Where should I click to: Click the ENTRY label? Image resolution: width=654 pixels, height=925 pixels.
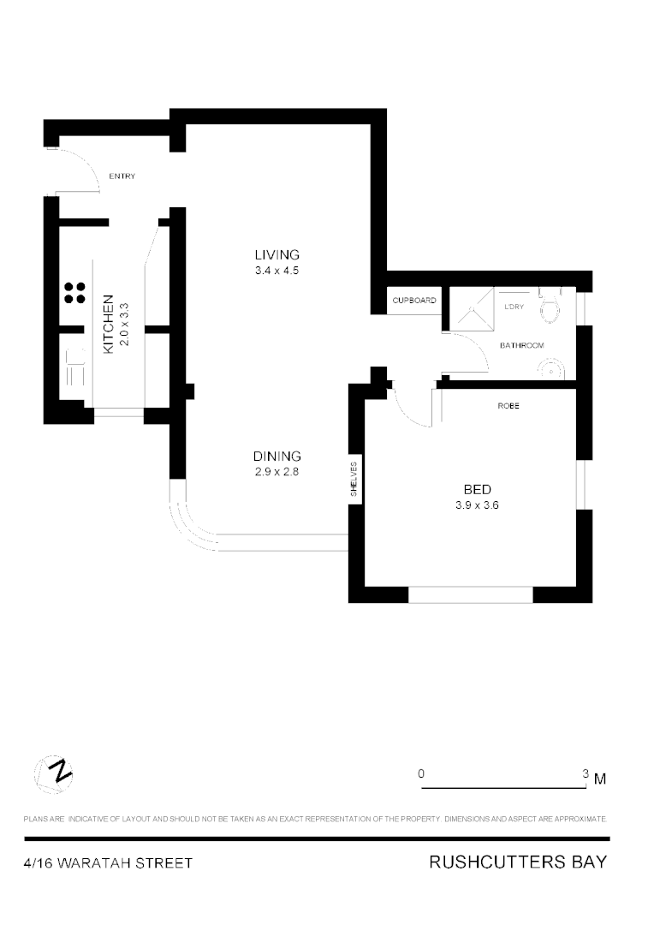pyautogui.click(x=122, y=176)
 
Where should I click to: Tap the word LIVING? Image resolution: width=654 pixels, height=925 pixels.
pyautogui.click(x=277, y=254)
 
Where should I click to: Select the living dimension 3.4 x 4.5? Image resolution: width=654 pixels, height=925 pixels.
pyautogui.click(x=277, y=271)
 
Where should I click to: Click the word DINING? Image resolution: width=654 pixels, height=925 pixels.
pyautogui.click(x=276, y=456)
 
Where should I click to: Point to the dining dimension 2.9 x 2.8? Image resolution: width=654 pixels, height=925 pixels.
pyautogui.click(x=276, y=472)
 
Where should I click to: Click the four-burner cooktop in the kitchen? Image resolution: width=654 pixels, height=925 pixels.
pyautogui.click(x=74, y=293)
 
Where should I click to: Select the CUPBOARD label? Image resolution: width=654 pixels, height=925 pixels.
pyautogui.click(x=414, y=301)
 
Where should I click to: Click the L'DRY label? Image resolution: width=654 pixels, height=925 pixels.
pyautogui.click(x=514, y=307)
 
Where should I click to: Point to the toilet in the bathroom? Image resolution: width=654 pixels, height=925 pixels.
pyautogui.click(x=550, y=307)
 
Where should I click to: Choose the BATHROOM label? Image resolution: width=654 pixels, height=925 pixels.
pyautogui.click(x=522, y=345)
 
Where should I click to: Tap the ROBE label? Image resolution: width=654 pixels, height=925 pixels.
pyautogui.click(x=508, y=405)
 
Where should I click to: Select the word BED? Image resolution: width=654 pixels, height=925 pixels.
pyautogui.click(x=477, y=489)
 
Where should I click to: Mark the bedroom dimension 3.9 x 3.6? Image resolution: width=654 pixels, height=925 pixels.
pyautogui.click(x=477, y=505)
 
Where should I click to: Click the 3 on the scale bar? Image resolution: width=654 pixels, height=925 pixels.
pyautogui.click(x=586, y=773)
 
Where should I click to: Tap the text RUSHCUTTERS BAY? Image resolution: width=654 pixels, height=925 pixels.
pyautogui.click(x=518, y=862)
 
